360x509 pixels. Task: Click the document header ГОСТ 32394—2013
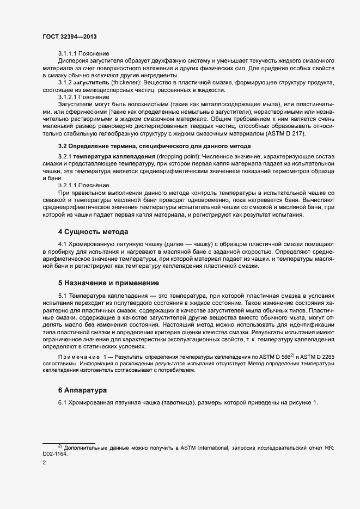point(69,36)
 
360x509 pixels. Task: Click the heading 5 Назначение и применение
point(108,283)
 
